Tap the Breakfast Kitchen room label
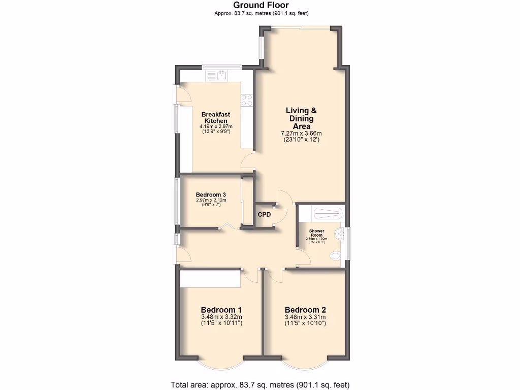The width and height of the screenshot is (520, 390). tap(216, 118)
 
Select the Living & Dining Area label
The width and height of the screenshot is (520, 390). tap(301, 118)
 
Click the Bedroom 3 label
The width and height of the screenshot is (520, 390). tap(211, 194)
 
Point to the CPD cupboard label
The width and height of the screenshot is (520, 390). tap(264, 215)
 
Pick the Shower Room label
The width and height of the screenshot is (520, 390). tap(317, 233)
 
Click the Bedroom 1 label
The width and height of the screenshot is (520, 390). tap(221, 310)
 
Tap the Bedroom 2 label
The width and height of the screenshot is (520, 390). tap(305, 310)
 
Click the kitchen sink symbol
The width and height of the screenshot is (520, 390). tap(222, 77)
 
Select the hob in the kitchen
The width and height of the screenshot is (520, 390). tap(247, 100)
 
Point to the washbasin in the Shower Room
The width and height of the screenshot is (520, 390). tap(342, 233)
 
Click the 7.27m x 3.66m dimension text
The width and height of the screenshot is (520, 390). tap(301, 134)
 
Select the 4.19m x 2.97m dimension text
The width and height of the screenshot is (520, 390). tap(216, 126)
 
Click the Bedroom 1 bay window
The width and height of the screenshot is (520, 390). tap(221, 365)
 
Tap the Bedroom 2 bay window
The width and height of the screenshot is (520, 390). tap(306, 365)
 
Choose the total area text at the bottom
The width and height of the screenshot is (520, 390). tap(259, 384)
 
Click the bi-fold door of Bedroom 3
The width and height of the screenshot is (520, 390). tap(227, 226)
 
